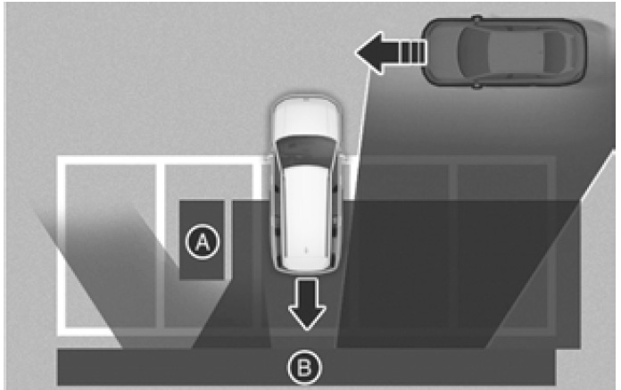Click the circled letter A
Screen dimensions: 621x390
pyautogui.click(x=203, y=242)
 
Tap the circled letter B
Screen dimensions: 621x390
pyautogui.click(x=304, y=368)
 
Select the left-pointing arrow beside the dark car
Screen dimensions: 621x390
pyautogui.click(x=391, y=53)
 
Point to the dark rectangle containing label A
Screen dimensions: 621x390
pyautogui.click(x=202, y=240)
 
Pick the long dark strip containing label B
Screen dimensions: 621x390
pyautogui.click(x=306, y=367)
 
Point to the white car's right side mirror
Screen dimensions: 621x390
pyautogui.click(x=344, y=160)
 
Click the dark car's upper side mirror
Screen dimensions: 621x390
pyautogui.click(x=477, y=18)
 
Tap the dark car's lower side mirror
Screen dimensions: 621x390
pyautogui.click(x=477, y=86)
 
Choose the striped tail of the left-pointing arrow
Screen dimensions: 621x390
pyautogui.click(x=413, y=53)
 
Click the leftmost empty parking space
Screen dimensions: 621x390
pyautogui.click(x=110, y=245)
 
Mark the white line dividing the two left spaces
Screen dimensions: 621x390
pyautogui.click(x=160, y=245)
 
